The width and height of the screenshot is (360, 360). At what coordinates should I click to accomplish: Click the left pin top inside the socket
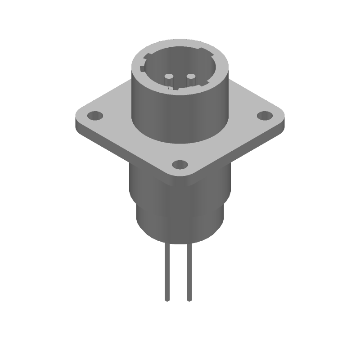pos(170,76)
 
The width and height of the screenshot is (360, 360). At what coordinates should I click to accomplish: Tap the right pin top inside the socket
pos(190,76)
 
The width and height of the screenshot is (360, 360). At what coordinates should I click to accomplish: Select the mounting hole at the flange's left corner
pos(94,116)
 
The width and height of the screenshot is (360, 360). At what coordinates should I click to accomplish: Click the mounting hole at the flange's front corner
pos(180,164)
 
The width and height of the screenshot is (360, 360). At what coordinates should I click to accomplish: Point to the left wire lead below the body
pos(168,270)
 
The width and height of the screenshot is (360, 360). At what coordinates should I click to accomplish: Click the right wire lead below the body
pos(189,270)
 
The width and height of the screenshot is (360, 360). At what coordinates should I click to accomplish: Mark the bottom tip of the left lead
pos(168,300)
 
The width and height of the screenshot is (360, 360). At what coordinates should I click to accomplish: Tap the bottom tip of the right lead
pos(189,300)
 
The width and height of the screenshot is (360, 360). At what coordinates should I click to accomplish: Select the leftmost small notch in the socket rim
pos(143,69)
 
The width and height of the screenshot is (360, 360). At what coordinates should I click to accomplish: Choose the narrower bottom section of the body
pos(180,225)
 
